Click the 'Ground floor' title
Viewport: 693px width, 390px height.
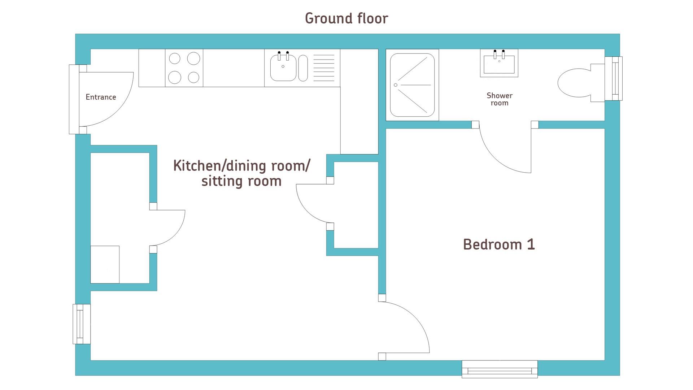pyautogui.click(x=346, y=18)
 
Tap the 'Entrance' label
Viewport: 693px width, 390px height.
pyautogui.click(x=101, y=97)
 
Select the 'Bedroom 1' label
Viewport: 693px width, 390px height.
pyautogui.click(x=499, y=244)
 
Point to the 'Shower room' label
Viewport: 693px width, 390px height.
pyautogui.click(x=500, y=99)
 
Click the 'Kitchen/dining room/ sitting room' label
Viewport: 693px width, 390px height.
pyautogui.click(x=241, y=173)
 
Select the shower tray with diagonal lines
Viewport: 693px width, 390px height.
pyautogui.click(x=412, y=85)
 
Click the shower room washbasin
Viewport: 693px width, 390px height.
pyautogui.click(x=499, y=63)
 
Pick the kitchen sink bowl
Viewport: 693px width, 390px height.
pyautogui.click(x=283, y=68)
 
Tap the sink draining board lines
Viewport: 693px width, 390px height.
pyautogui.click(x=324, y=68)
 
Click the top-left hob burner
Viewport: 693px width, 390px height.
pyautogui.click(x=175, y=58)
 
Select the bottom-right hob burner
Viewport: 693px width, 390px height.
pyautogui.click(x=194, y=77)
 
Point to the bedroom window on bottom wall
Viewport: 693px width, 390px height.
pyautogui.click(x=500, y=369)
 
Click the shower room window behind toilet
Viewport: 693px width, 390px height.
pyautogui.click(x=614, y=78)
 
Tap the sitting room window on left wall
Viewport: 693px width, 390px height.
pyautogui.click(x=82, y=324)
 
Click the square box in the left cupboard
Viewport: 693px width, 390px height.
pyautogui.click(x=105, y=265)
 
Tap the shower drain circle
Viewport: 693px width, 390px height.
pyautogui.click(x=396, y=85)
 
